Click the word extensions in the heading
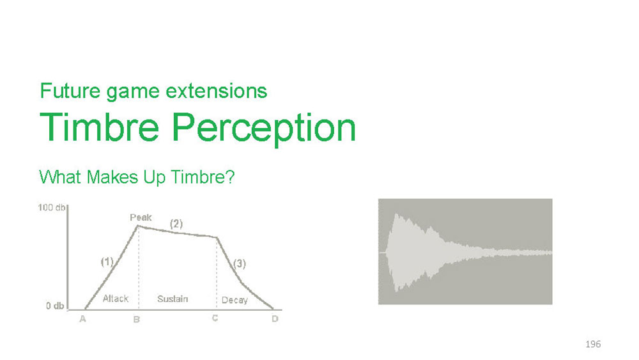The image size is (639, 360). (x=217, y=91)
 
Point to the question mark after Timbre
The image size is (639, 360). (x=230, y=177)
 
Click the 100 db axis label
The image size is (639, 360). (x=51, y=208)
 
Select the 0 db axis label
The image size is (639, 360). (x=55, y=306)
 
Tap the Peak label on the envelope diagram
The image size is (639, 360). (x=141, y=217)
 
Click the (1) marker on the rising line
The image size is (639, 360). (x=107, y=262)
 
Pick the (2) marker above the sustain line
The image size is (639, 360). (x=176, y=223)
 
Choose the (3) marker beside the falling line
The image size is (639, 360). (x=239, y=263)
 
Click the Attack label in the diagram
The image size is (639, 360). (x=115, y=299)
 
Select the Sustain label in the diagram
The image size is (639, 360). (x=173, y=299)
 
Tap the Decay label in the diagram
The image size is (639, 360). (x=235, y=300)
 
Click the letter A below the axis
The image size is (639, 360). (x=82, y=319)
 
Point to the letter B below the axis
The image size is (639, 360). (x=137, y=319)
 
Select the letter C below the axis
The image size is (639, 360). (x=215, y=318)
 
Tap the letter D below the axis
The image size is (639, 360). (x=275, y=318)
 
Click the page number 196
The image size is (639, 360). (x=593, y=344)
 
